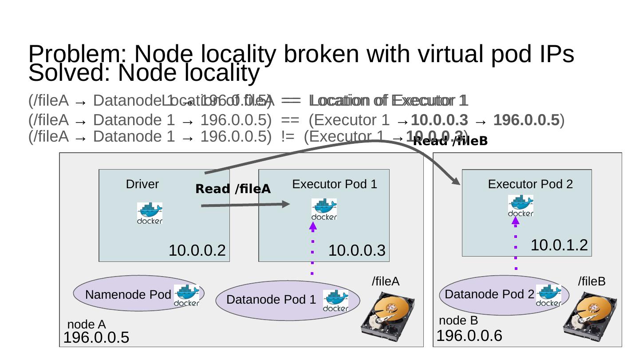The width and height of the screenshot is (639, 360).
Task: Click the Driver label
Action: coord(142,184)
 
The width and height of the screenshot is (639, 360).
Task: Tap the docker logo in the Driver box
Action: coord(150,213)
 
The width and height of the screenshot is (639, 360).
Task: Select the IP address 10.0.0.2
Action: coord(197,251)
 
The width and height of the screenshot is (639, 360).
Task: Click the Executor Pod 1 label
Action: coord(335,184)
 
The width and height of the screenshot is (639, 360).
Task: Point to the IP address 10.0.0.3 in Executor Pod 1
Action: coord(357,251)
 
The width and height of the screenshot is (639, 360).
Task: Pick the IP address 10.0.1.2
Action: coord(559,245)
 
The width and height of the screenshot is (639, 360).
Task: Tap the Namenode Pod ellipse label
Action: coord(128,295)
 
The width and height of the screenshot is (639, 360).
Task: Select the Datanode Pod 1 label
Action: coord(271,300)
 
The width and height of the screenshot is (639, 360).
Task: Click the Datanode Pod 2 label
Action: coord(489,294)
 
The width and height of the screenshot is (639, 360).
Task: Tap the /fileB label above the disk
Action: coord(592,281)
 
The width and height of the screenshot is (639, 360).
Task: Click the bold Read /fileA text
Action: coord(233,189)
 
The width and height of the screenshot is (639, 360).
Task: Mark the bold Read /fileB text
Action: coord(450,142)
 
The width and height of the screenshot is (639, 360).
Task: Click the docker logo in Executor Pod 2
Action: coord(521,206)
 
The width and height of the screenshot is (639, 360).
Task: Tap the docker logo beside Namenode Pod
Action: coord(186,296)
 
